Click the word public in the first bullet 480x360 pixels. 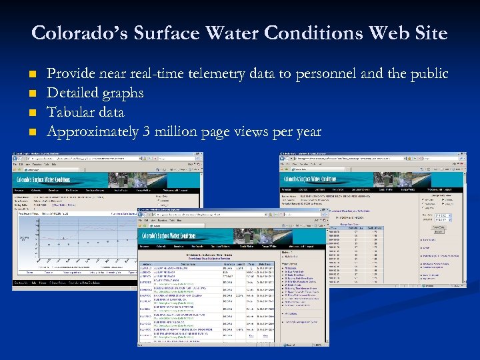425,74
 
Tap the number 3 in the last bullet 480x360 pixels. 146,132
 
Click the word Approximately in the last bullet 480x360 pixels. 93,132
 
